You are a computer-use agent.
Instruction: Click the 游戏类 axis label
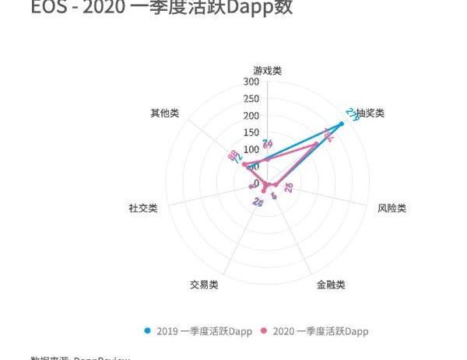(x=267, y=71)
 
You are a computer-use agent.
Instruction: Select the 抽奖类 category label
(x=370, y=113)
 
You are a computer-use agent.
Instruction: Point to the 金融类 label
(x=331, y=285)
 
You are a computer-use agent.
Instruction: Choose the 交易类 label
(x=204, y=285)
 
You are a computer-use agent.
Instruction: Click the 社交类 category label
(x=143, y=208)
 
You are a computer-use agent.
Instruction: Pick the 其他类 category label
(x=164, y=113)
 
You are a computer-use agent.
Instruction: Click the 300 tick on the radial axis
(x=251, y=82)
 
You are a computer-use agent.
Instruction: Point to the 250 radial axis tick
(x=251, y=99)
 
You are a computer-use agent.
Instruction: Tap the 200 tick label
(x=251, y=116)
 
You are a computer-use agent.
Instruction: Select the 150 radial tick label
(x=251, y=132)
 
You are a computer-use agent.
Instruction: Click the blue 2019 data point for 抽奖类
(x=341, y=124)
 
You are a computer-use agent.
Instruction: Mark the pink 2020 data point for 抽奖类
(x=316, y=144)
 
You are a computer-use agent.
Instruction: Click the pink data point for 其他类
(x=244, y=165)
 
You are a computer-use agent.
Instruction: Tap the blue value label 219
(x=353, y=114)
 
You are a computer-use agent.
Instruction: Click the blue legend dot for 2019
(x=148, y=330)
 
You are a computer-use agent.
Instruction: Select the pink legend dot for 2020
(x=264, y=330)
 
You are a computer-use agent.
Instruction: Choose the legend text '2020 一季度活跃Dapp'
(x=320, y=331)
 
